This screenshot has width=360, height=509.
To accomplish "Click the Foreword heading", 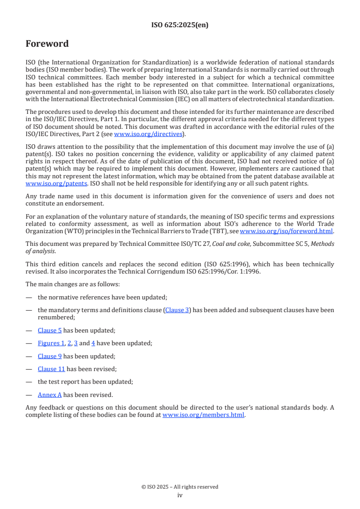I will [47, 44].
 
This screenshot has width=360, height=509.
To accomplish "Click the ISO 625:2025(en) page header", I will [180, 25].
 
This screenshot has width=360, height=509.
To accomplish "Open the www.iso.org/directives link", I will [148, 134].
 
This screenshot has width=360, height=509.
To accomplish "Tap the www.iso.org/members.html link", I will [203, 415].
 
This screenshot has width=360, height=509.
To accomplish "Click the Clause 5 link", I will [49, 330].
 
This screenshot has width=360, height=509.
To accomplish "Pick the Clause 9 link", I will [49, 356].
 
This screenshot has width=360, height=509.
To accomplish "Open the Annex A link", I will [49, 395].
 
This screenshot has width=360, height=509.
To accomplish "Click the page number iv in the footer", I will [180, 495].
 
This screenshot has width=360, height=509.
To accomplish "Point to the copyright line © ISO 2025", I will [180, 487].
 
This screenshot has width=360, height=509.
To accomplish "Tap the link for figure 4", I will [93, 343].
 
